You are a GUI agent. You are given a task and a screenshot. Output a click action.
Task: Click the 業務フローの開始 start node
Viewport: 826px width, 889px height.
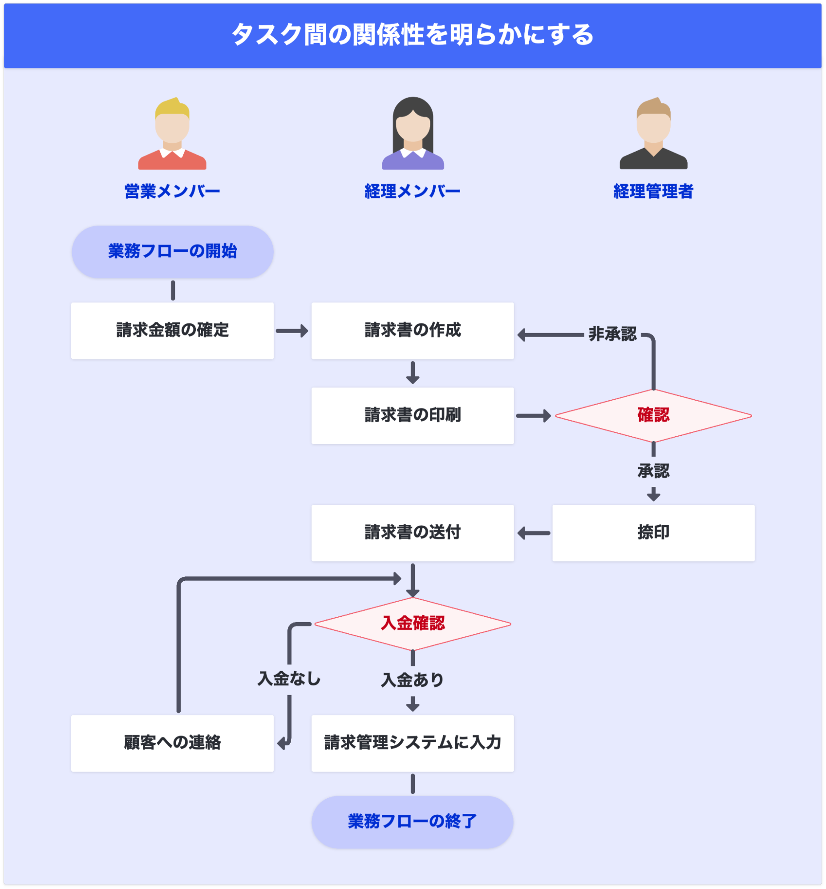tap(173, 252)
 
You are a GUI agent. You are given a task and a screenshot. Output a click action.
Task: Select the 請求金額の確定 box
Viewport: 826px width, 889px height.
tap(173, 330)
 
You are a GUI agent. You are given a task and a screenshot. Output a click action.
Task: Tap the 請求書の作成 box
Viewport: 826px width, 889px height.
tap(413, 330)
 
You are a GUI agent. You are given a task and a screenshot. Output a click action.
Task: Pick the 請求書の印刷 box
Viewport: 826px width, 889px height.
tap(413, 415)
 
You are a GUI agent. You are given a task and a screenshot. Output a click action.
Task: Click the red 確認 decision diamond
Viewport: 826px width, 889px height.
tap(653, 415)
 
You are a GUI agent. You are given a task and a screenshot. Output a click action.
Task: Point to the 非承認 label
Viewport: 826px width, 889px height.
tap(612, 334)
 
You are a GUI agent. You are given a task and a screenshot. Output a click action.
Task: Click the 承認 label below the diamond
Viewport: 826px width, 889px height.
tap(653, 471)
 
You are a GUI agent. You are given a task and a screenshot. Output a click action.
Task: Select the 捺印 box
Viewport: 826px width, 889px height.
tap(653, 532)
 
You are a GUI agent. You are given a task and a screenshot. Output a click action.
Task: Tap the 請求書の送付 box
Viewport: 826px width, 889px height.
tap(413, 532)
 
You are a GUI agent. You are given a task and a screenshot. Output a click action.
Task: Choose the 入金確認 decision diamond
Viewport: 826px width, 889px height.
tap(413, 624)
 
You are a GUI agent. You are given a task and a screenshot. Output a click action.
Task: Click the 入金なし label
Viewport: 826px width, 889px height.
tap(289, 679)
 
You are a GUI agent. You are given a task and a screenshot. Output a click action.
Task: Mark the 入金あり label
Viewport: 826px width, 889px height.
tap(412, 680)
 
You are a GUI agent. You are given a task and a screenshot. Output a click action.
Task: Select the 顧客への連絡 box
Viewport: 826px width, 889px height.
tap(173, 743)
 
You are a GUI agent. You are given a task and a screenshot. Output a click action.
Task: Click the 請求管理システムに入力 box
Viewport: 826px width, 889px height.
tap(413, 743)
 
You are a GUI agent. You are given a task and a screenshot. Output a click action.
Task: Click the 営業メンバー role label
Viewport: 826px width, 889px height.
tap(172, 192)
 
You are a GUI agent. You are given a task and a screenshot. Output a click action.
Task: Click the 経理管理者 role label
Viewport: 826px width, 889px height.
tap(653, 192)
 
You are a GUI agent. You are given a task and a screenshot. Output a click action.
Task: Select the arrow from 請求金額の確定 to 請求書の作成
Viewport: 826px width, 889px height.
tap(292, 331)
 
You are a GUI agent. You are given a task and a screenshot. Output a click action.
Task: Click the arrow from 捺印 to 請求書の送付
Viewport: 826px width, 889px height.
tap(534, 533)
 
